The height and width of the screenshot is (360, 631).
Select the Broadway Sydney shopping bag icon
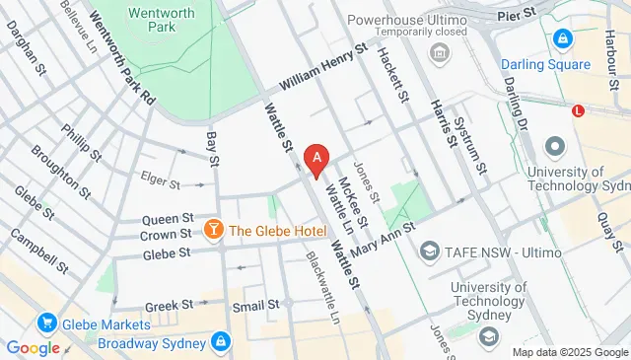pos(221,342)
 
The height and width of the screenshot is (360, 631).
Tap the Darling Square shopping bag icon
pos(562,39)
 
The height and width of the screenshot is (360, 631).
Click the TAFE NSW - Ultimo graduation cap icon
pos(430,252)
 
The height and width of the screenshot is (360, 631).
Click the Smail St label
pos(254,307)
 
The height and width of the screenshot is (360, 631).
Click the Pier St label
pos(516,15)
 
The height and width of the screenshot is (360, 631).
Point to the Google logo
pos(33,347)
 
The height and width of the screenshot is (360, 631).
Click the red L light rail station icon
pos(578,110)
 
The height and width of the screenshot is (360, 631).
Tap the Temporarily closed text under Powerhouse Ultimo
pos(437,32)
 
